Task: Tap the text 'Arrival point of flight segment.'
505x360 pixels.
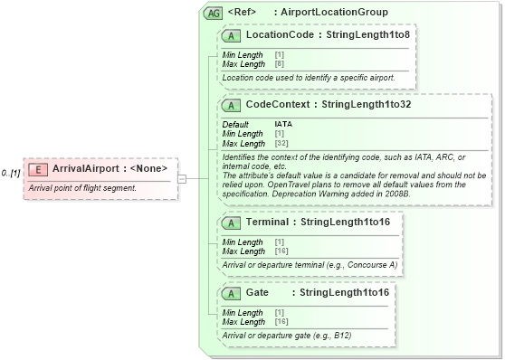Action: point(82,188)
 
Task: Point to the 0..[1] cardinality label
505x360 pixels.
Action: point(12,172)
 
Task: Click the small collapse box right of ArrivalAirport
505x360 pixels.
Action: point(182,178)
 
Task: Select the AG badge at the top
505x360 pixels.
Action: point(214,13)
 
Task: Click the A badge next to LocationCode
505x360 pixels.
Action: point(232,35)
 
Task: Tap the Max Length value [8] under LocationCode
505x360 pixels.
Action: point(279,63)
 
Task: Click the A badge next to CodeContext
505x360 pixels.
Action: point(232,105)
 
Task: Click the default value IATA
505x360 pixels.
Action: point(283,124)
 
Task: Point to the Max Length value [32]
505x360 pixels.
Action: point(281,144)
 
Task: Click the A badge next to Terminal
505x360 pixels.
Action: point(232,222)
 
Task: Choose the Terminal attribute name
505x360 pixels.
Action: point(267,222)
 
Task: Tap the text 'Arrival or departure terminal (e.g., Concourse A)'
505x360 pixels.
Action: point(310,264)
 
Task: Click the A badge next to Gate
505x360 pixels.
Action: point(232,293)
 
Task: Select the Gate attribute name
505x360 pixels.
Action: point(257,293)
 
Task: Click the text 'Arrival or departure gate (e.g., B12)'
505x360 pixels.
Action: point(287,336)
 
